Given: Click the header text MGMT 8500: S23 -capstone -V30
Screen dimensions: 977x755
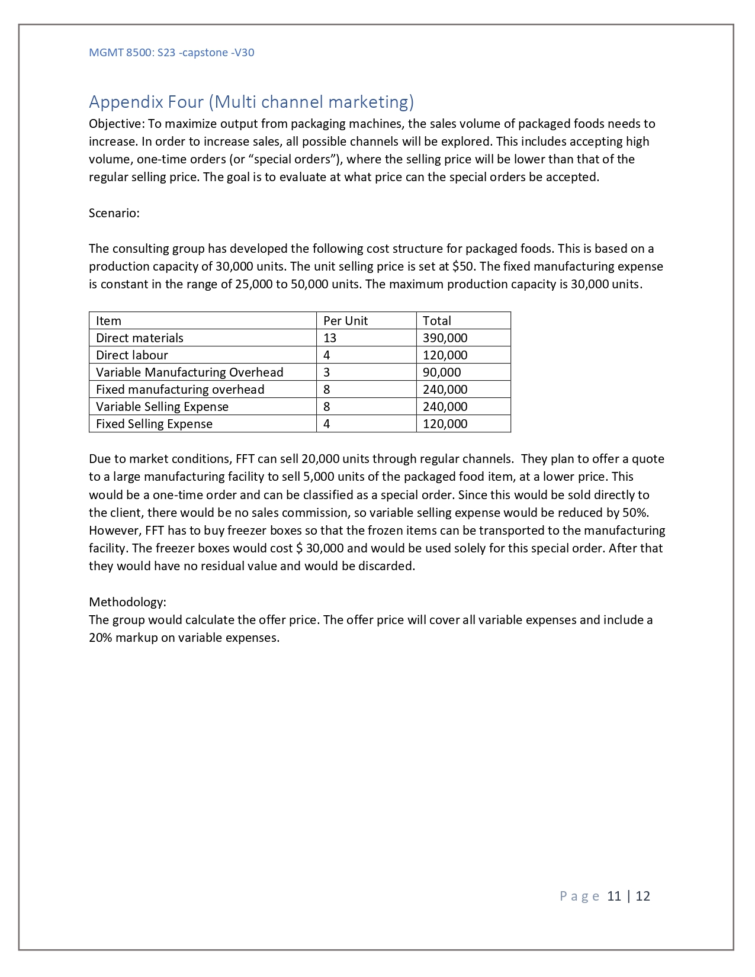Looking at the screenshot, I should (171, 52).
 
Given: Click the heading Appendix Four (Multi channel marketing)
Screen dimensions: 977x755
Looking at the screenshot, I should (251, 102).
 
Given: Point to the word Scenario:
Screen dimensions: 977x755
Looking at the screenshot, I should (114, 213).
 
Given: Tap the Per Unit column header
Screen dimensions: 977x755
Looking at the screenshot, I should (345, 321).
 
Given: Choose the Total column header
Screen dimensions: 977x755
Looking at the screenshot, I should (437, 321).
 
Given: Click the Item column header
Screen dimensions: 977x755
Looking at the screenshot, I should (108, 321).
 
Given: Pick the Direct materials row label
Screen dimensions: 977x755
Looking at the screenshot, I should (140, 338).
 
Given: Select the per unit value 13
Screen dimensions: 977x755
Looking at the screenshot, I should (330, 338).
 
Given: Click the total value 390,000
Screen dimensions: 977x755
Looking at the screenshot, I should (445, 338).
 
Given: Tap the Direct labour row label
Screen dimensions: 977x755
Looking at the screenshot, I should (132, 355).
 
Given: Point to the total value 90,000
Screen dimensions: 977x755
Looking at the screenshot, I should (442, 372).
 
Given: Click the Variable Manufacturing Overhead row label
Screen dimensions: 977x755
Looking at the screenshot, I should (189, 372).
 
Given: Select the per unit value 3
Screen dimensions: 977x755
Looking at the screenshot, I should (327, 372).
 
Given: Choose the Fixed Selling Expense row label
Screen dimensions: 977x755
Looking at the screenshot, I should (154, 424).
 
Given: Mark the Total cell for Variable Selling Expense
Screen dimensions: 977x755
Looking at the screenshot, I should (445, 407).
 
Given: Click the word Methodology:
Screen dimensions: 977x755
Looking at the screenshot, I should (127, 602).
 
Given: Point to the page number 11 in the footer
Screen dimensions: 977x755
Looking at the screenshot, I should (614, 896).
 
